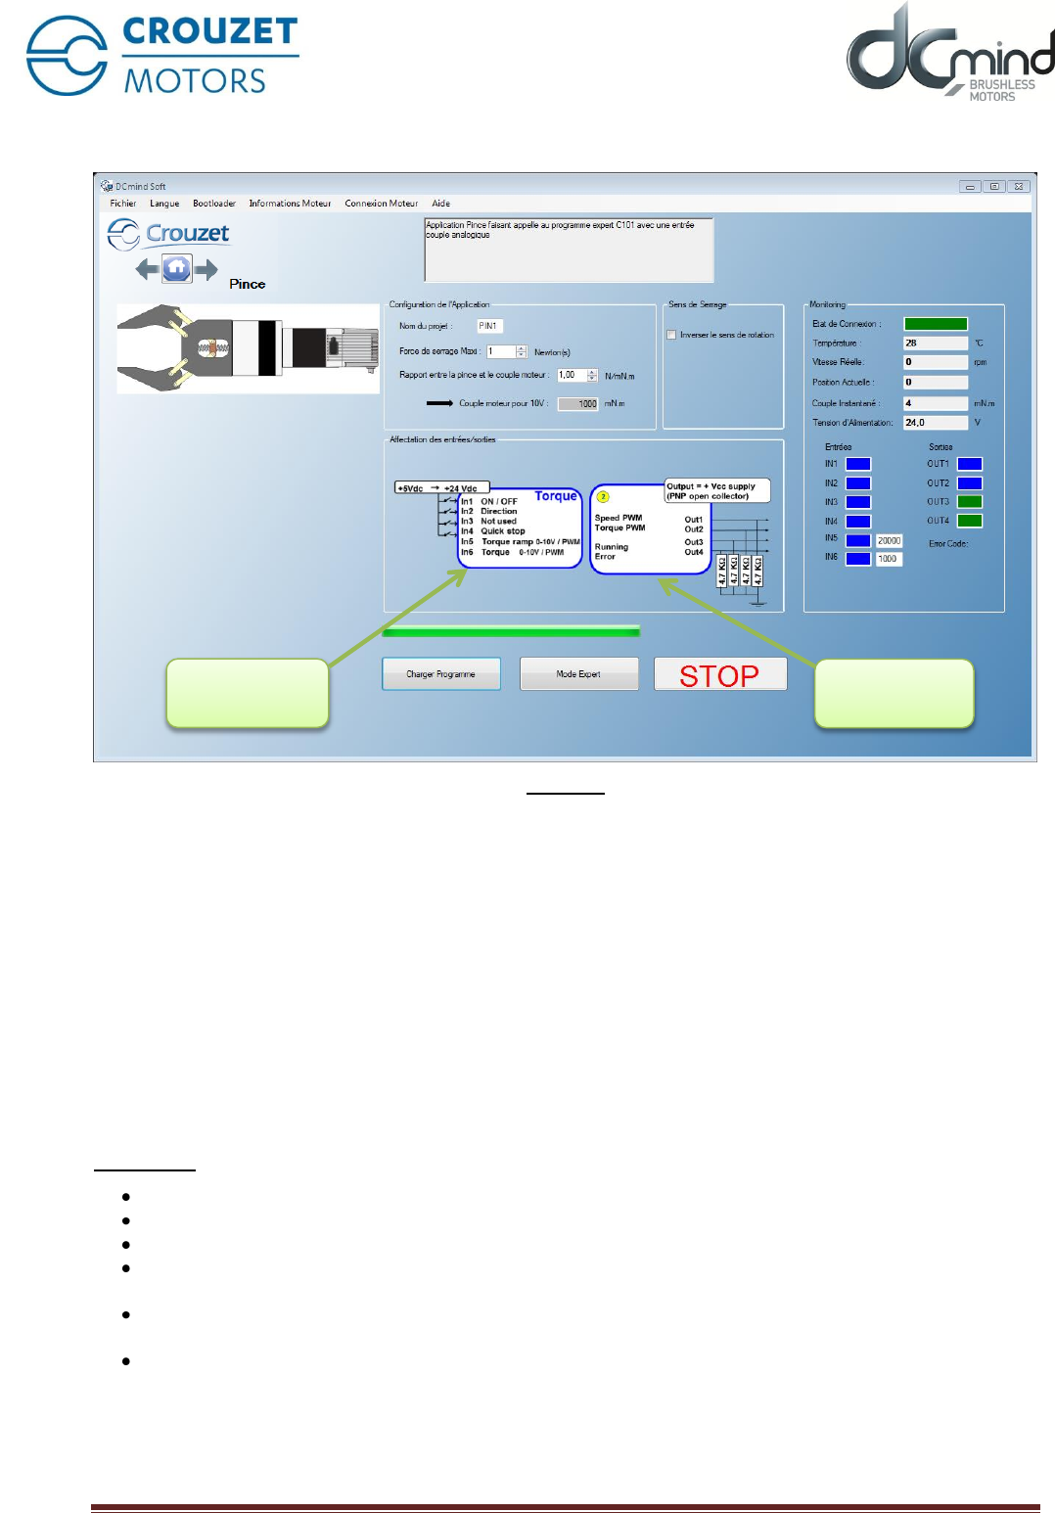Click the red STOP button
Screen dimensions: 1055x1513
click(x=719, y=675)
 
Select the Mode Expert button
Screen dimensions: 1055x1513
click(x=578, y=674)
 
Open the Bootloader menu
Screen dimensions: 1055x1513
click(x=213, y=204)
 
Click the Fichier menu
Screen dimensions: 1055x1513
click(x=123, y=204)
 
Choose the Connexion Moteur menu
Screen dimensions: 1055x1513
click(x=381, y=204)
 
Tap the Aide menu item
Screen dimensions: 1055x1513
click(x=441, y=204)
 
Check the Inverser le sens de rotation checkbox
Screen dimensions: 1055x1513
click(x=671, y=335)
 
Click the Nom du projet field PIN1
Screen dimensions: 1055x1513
click(x=489, y=326)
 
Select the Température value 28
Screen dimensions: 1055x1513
click(x=935, y=344)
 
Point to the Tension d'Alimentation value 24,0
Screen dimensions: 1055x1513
click(x=935, y=423)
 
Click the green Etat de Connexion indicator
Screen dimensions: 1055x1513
click(x=935, y=324)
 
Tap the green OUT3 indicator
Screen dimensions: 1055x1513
click(x=969, y=502)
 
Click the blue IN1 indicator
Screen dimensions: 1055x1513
click(x=858, y=464)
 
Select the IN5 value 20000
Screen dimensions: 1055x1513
click(x=889, y=540)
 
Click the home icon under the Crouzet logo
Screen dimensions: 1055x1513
click(x=177, y=268)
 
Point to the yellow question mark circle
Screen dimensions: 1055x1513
click(x=603, y=497)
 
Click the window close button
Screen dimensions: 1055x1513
click(x=1019, y=186)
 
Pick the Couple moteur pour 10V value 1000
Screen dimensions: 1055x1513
click(x=578, y=404)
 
